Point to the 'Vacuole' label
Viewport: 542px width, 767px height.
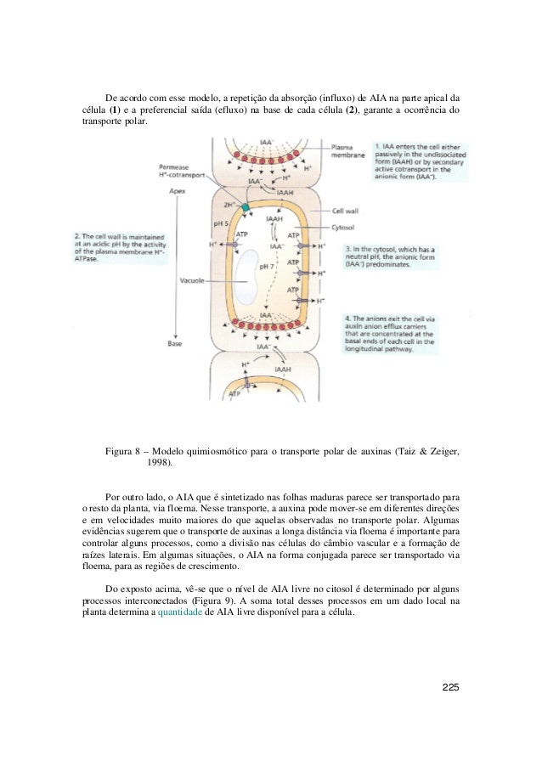194,278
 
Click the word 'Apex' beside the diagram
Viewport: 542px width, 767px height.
178,192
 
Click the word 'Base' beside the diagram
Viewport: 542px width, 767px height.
175,344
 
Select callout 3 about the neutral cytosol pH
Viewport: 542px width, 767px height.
389,257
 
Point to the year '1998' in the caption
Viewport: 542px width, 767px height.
158,464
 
